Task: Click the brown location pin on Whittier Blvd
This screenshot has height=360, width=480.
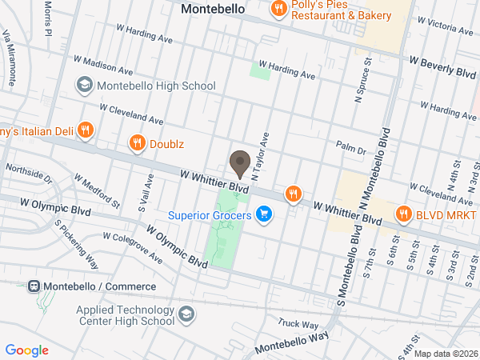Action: (239, 163)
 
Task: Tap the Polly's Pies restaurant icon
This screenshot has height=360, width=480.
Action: (278, 10)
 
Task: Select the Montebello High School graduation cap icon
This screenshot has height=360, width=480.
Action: (83, 85)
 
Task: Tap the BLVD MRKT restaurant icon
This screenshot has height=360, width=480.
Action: (403, 214)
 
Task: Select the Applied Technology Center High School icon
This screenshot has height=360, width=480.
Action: (186, 313)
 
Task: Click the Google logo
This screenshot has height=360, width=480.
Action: (26, 350)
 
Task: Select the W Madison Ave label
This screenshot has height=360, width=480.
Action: (103, 65)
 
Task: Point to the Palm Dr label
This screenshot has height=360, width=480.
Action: (350, 148)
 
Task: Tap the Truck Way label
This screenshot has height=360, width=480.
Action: (298, 324)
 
